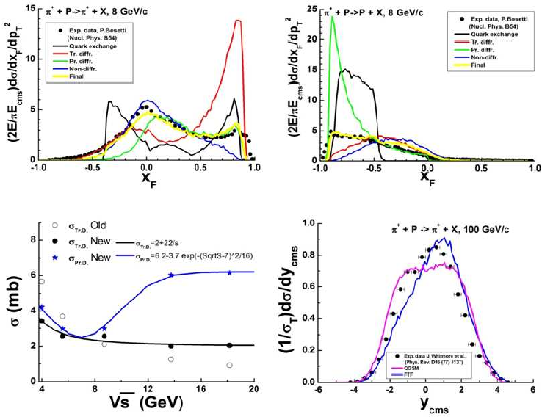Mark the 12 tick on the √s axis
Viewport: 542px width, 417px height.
tap(148, 387)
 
